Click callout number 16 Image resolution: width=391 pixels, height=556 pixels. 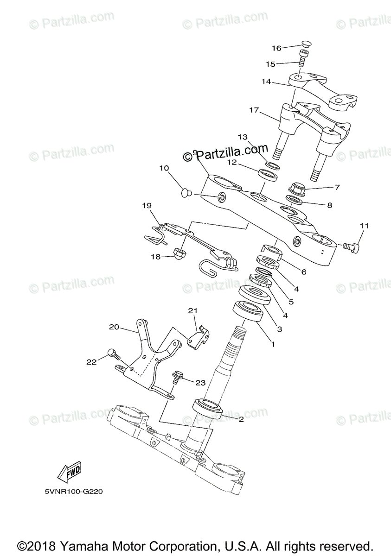tap(276, 48)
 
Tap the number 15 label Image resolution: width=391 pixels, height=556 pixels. tap(270, 64)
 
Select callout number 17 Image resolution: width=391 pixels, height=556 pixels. tap(253, 110)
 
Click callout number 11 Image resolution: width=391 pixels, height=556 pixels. tap(364, 226)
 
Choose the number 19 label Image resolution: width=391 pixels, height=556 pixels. tap(147, 205)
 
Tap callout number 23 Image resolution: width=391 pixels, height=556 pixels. tap(200, 382)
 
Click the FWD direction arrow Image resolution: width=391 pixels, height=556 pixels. tap(68, 473)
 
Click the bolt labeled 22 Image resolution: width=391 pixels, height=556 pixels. tap(113, 354)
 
